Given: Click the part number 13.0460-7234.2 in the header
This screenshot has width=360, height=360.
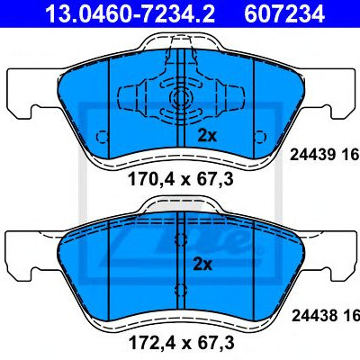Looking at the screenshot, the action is [130, 13].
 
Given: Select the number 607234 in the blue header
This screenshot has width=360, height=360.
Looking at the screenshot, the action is [284, 13].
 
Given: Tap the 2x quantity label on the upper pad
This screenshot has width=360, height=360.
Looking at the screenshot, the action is [207, 136].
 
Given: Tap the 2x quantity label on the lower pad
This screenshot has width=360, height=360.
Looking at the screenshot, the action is [202, 265].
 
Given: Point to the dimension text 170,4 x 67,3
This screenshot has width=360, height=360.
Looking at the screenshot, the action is [181, 179].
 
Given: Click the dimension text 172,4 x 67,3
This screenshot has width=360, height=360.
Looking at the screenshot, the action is [181, 343].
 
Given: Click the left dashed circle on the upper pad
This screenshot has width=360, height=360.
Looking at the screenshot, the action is [102, 137].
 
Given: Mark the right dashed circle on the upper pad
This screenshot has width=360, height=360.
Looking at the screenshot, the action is [260, 137].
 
